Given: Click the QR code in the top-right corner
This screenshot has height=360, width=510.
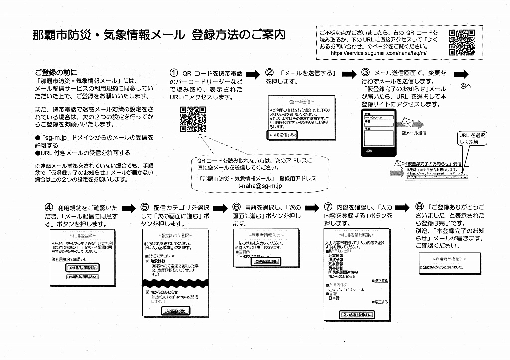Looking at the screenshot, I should tap(461, 42).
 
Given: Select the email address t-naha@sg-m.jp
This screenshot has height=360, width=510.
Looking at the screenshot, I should tap(260, 186).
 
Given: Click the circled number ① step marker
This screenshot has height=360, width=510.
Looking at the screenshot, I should tap(173, 73).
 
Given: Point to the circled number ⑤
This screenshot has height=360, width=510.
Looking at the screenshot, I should tap(145, 207).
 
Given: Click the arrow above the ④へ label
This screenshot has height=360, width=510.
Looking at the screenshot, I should tap(462, 74).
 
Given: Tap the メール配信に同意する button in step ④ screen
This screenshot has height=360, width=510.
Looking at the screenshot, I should tap(82, 268).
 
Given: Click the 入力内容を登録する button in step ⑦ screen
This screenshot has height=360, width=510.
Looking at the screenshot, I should tap(357, 315).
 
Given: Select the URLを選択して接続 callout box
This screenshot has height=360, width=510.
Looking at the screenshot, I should tap(472, 139).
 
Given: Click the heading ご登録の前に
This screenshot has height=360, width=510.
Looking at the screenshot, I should tap(56, 72).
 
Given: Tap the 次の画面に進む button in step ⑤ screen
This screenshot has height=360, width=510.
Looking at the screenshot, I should tap(175, 311).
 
